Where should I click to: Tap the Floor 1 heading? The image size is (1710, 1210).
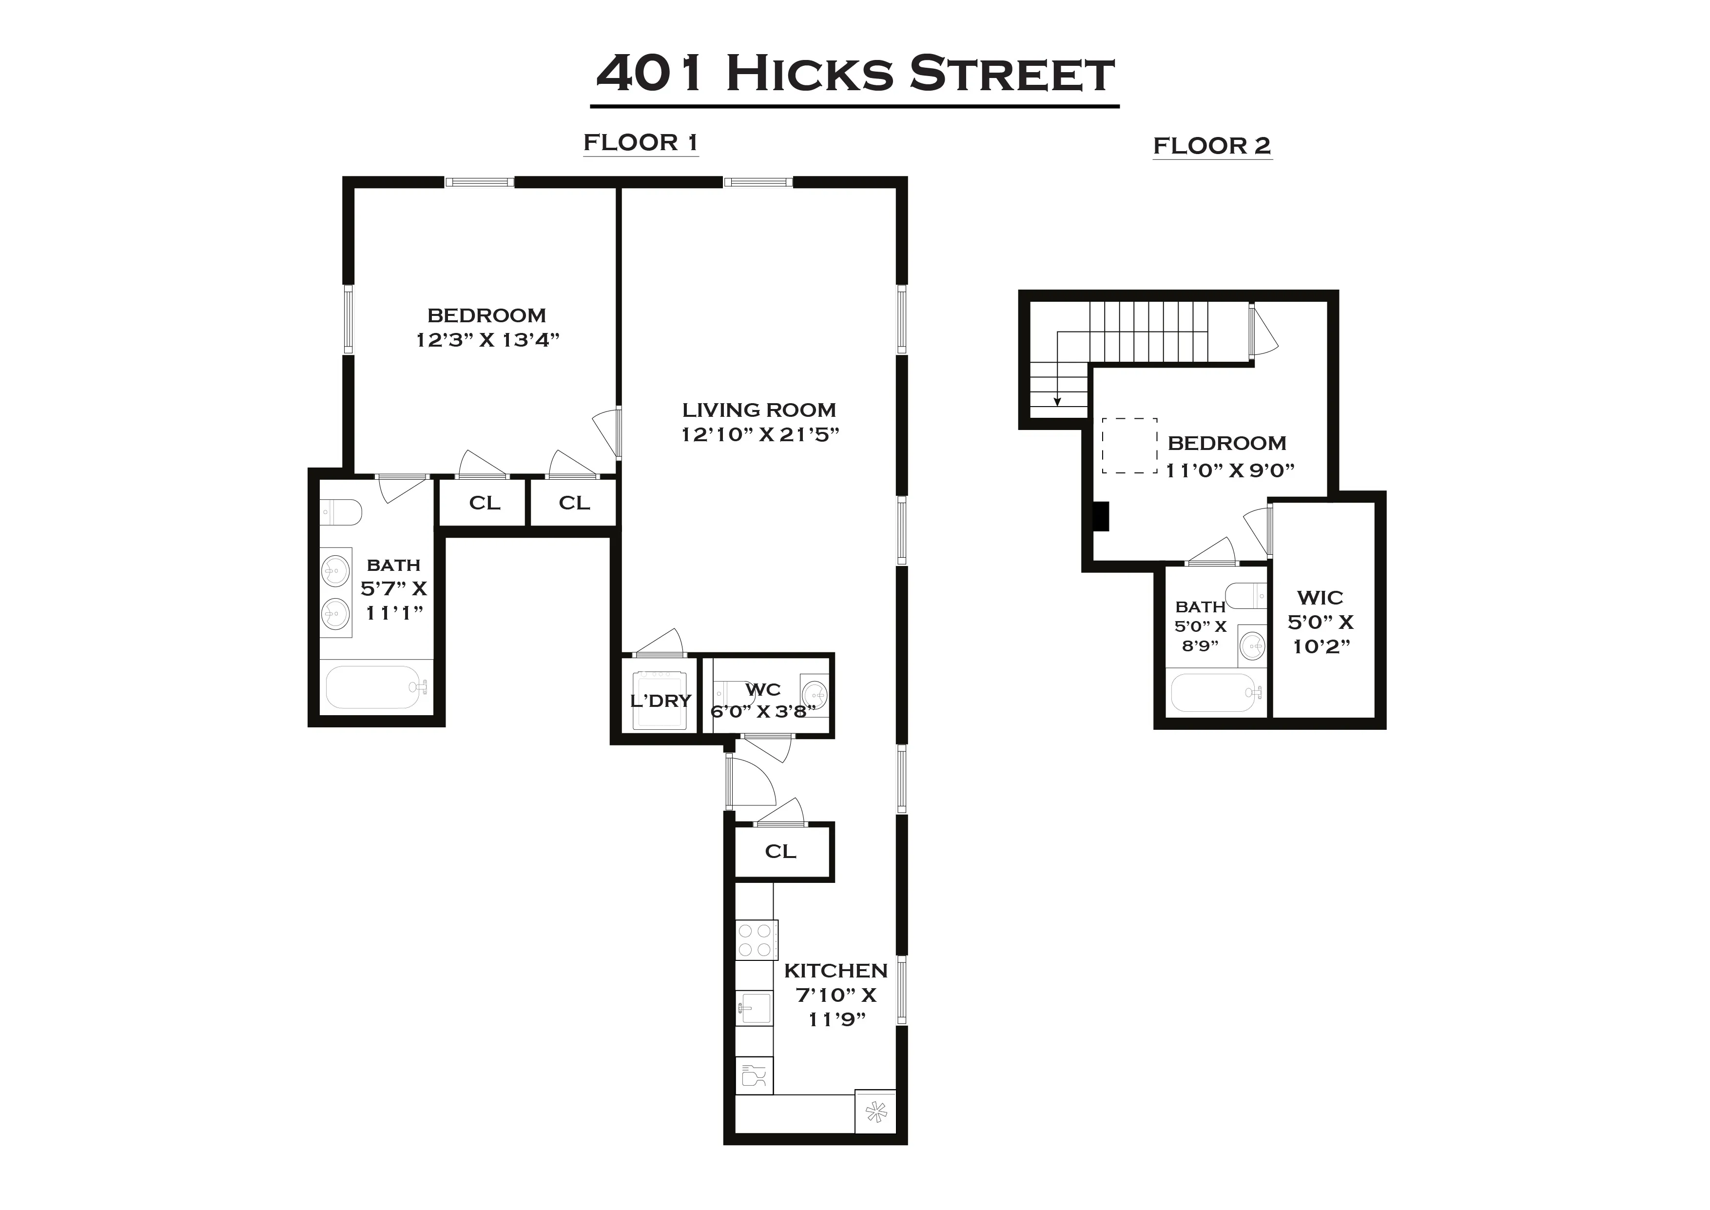[x=641, y=142]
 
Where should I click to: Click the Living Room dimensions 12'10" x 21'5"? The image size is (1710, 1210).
[x=759, y=434]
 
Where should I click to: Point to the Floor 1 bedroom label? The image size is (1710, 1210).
[x=486, y=315]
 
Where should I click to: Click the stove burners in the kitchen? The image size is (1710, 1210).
[x=756, y=939]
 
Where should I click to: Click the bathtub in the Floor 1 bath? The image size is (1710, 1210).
[x=375, y=687]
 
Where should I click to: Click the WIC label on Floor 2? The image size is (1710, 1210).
[x=1320, y=598]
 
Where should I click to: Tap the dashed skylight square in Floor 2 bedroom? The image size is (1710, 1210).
[x=1129, y=446]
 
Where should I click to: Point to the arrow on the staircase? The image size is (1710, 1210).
[x=1057, y=400]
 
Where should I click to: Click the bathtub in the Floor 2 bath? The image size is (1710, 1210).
[x=1214, y=693]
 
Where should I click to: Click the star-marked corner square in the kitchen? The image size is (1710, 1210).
[x=876, y=1113]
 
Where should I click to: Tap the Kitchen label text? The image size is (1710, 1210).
[x=836, y=971]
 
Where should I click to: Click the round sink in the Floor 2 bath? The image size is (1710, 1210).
[x=1252, y=645]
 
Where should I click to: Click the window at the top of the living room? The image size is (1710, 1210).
[x=758, y=182]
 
